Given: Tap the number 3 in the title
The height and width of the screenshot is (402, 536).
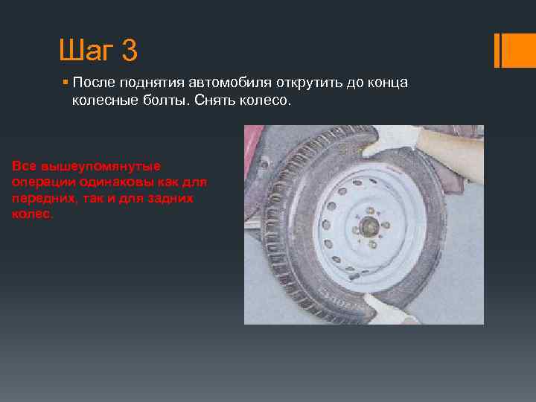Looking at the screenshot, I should click(x=127, y=51).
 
